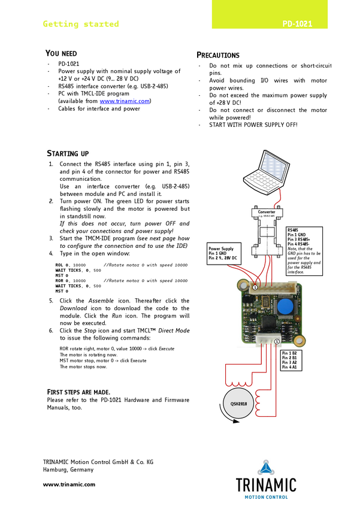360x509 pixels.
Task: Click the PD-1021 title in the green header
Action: [298, 25]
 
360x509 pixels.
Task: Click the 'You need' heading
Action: [62, 53]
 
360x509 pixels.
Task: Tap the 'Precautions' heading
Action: [218, 55]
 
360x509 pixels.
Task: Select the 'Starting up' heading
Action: [68, 154]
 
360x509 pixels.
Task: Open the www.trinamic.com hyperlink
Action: [125, 101]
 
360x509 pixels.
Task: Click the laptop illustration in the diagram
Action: [262, 173]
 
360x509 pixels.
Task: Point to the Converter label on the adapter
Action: [267, 212]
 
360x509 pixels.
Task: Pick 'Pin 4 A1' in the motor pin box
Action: [289, 368]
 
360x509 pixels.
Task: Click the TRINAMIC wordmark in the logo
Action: [265, 484]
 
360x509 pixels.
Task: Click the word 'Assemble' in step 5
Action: [101, 301]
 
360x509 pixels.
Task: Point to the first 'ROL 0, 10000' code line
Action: [71, 264]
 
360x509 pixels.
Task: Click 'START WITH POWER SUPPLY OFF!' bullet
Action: [253, 125]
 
